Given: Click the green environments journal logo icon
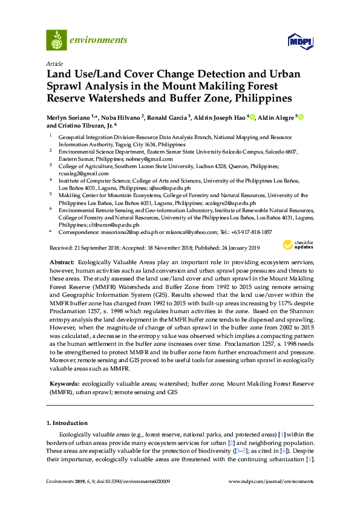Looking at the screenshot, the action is pyautogui.click(x=56, y=40).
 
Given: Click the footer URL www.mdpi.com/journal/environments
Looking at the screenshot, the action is pyautogui.click(x=271, y=481).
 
